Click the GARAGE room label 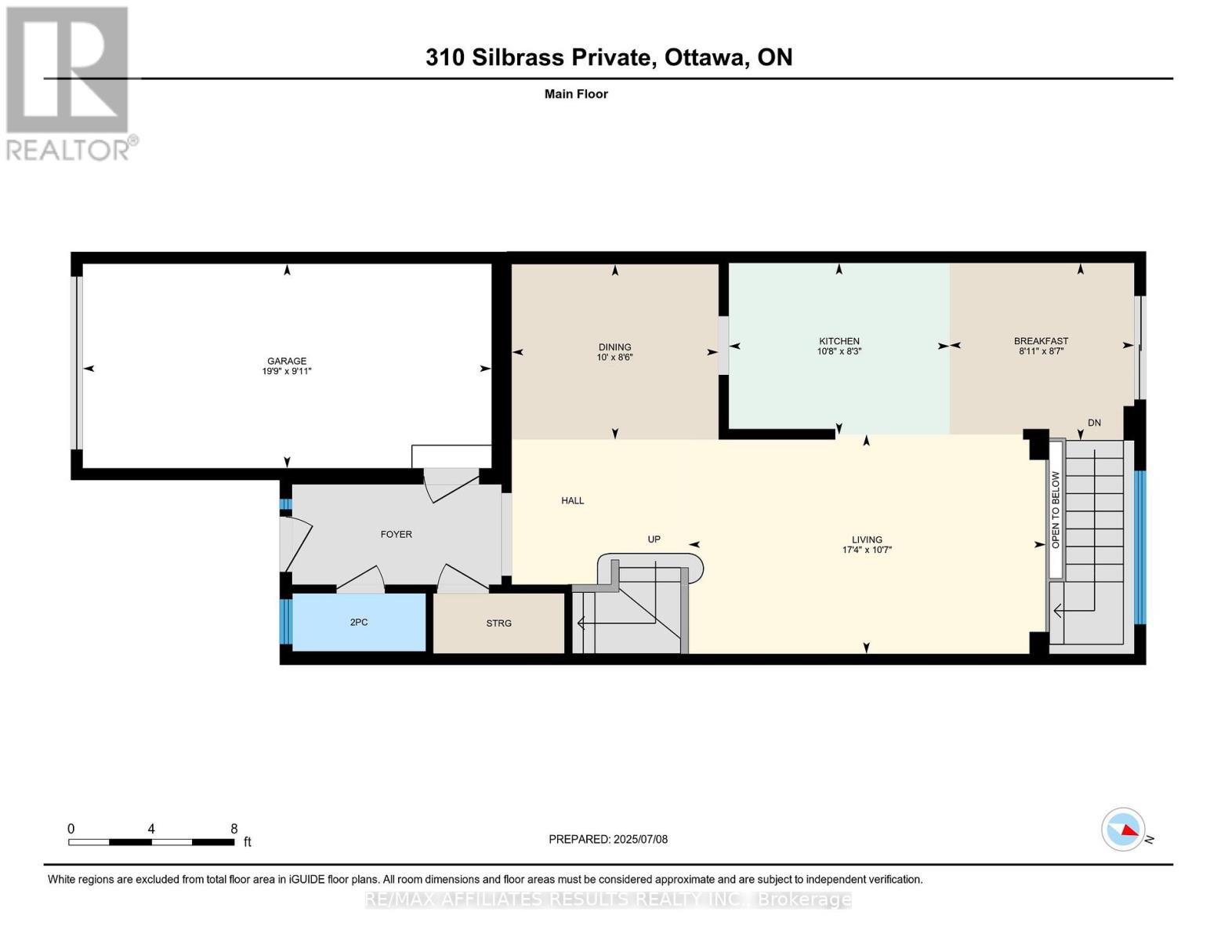pyautogui.click(x=286, y=361)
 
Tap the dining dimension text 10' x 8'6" pyautogui.click(x=614, y=357)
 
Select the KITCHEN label pyautogui.click(x=839, y=341)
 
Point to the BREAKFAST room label pyautogui.click(x=1041, y=341)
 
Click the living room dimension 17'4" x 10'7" pyautogui.click(x=867, y=550)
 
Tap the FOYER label pyautogui.click(x=396, y=534)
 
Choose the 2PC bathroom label pyautogui.click(x=358, y=622)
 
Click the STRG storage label pyautogui.click(x=498, y=623)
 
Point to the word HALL pyautogui.click(x=572, y=500)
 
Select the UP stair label pyautogui.click(x=654, y=540)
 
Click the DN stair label pyautogui.click(x=1094, y=423)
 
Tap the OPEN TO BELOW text pyautogui.click(x=1056, y=510)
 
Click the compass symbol pyautogui.click(x=1123, y=830)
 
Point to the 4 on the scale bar pyautogui.click(x=150, y=828)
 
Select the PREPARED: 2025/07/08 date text pyautogui.click(x=607, y=839)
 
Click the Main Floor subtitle pyautogui.click(x=576, y=94)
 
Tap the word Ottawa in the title pyautogui.click(x=707, y=57)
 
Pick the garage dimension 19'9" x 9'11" pyautogui.click(x=286, y=371)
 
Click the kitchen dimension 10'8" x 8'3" pyautogui.click(x=839, y=351)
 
